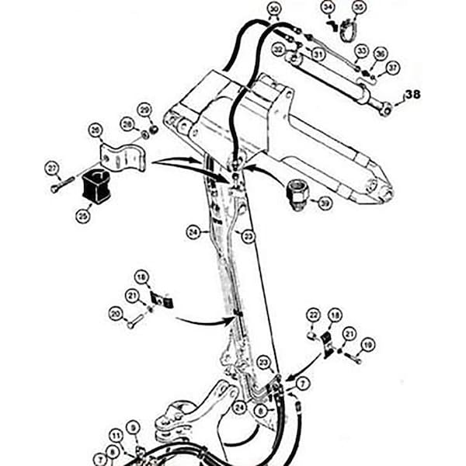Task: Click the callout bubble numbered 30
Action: coord(273,9)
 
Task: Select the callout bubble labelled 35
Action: coord(357,9)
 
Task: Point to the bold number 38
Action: coord(412,95)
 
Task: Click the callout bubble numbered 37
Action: coord(393,68)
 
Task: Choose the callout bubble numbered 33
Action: coord(360,50)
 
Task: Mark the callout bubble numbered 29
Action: coord(144,109)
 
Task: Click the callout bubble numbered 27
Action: coord(51,167)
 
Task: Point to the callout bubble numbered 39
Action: coord(325,203)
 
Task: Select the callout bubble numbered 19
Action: coord(367,344)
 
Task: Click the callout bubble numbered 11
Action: coord(116,436)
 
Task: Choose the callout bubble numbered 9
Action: coord(133,426)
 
